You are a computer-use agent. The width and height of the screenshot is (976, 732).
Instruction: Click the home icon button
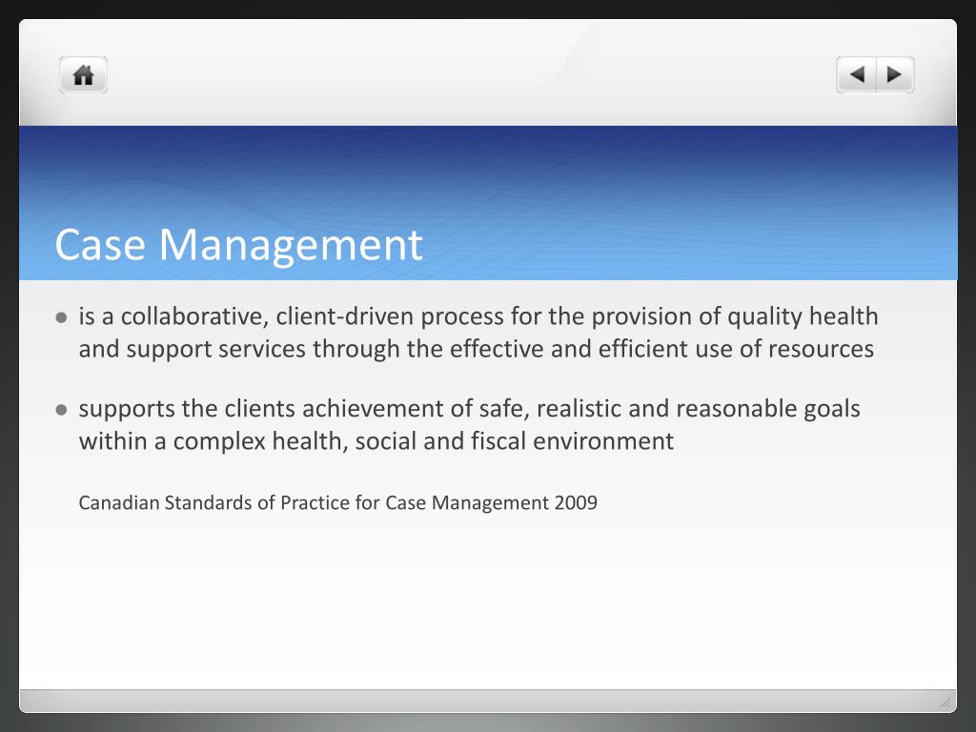(84, 75)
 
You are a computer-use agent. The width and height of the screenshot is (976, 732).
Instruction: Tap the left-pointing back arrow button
(857, 74)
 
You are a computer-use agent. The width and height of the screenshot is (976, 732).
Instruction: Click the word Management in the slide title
(291, 245)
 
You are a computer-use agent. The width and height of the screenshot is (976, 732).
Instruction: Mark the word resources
(821, 349)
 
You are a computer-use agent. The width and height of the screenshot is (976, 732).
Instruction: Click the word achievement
(373, 409)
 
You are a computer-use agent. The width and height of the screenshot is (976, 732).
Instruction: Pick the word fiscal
(495, 441)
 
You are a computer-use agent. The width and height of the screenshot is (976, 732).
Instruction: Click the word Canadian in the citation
(119, 502)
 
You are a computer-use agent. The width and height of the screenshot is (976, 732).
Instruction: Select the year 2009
(576, 502)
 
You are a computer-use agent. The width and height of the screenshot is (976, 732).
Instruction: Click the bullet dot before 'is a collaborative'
(61, 318)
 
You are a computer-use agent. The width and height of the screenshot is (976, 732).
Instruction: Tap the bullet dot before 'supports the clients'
(61, 411)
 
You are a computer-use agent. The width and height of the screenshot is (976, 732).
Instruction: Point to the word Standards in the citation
(208, 502)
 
